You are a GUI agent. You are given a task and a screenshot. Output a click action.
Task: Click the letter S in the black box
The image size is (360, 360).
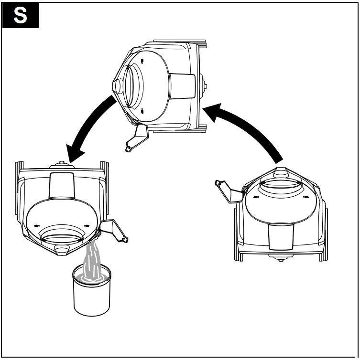point(20,15)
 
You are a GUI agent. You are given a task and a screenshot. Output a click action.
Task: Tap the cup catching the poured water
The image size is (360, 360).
point(91,292)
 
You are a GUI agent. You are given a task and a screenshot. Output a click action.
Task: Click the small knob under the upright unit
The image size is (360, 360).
point(280,258)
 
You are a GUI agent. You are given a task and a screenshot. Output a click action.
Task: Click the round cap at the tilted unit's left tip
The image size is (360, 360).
point(116,86)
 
